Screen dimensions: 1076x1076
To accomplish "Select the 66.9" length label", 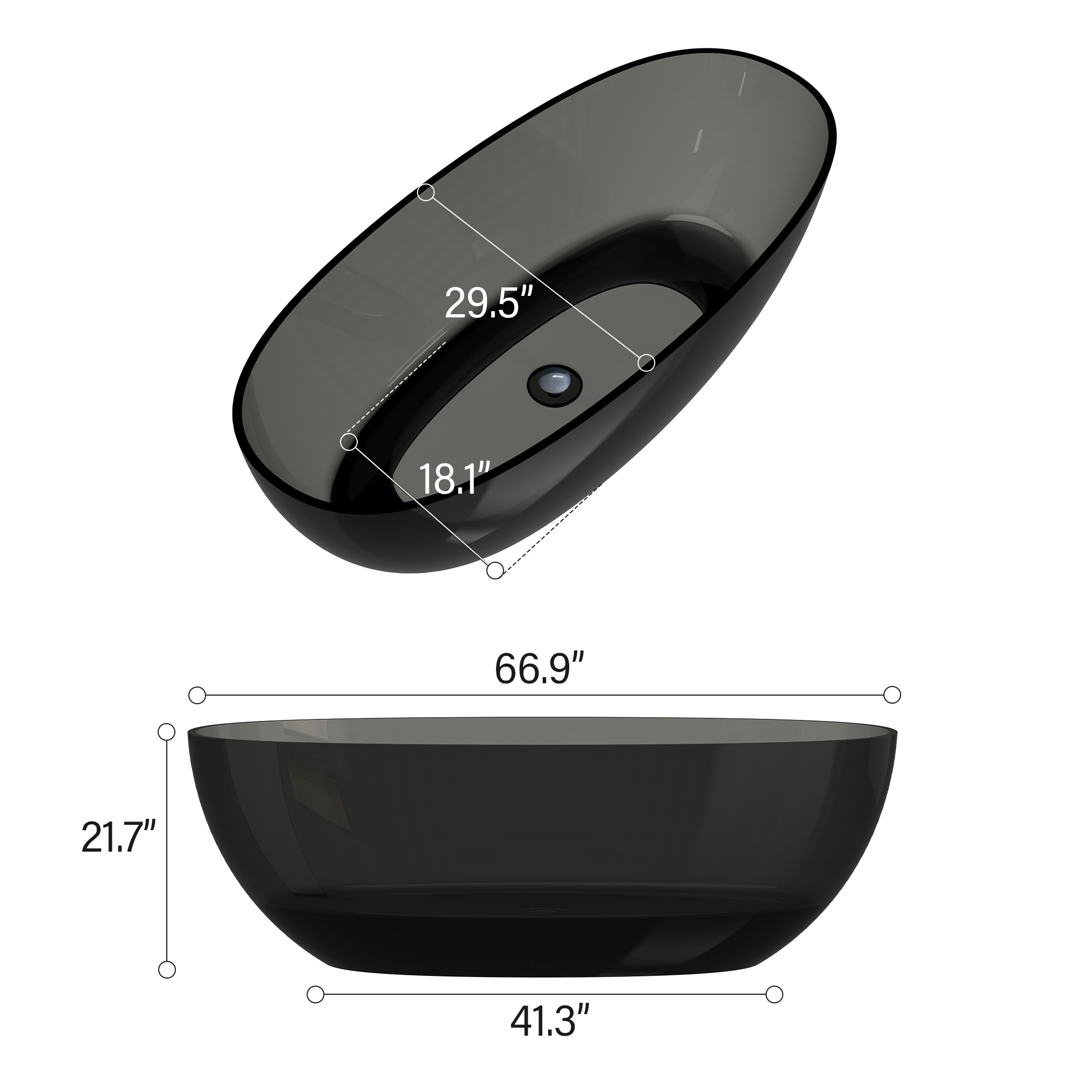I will point(539,669).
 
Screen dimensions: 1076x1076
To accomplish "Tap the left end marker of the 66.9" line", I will point(197,696).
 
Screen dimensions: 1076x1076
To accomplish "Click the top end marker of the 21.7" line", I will point(167,732).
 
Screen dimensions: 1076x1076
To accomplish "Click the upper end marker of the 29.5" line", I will point(426,193).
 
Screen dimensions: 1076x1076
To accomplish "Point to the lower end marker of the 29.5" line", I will point(646,363).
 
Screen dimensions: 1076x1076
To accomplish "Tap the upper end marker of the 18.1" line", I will point(349,442).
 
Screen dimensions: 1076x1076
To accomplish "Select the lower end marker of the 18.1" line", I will point(494,570).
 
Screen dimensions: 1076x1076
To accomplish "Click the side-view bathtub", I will point(543,846).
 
